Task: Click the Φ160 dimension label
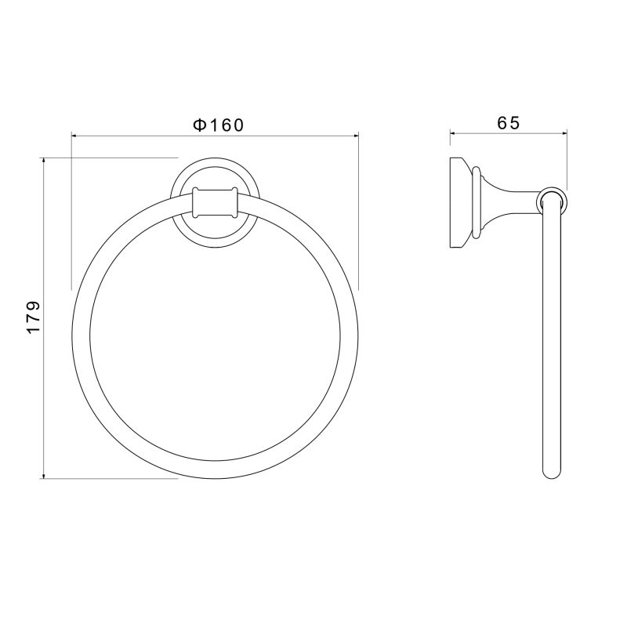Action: [x=218, y=125]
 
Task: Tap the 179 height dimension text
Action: [x=33, y=317]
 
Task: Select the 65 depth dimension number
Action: [x=508, y=123]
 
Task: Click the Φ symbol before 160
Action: [x=200, y=125]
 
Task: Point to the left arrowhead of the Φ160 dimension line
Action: [x=74, y=136]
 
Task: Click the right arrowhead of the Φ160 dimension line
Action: [x=355, y=136]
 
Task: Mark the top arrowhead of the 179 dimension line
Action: [x=43, y=161]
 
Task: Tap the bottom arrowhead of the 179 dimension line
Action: [x=43, y=475]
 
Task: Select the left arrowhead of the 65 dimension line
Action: [x=454, y=134]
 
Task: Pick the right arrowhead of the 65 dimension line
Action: [x=564, y=134]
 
